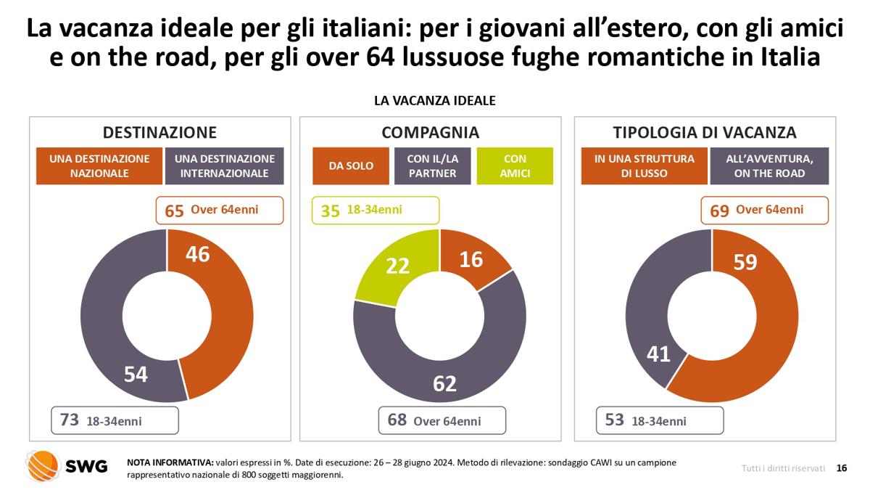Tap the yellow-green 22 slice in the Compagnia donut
(x=396, y=266)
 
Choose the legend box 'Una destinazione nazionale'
(x=99, y=166)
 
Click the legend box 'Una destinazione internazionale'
(x=225, y=166)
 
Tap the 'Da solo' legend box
(x=351, y=166)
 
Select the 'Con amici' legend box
(x=515, y=166)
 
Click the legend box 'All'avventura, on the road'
(x=768, y=166)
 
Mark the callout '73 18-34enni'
(x=114, y=420)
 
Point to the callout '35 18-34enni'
(x=375, y=211)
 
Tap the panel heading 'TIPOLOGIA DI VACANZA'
(x=704, y=132)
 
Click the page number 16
(x=842, y=468)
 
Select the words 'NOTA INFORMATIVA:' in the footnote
(x=170, y=462)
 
